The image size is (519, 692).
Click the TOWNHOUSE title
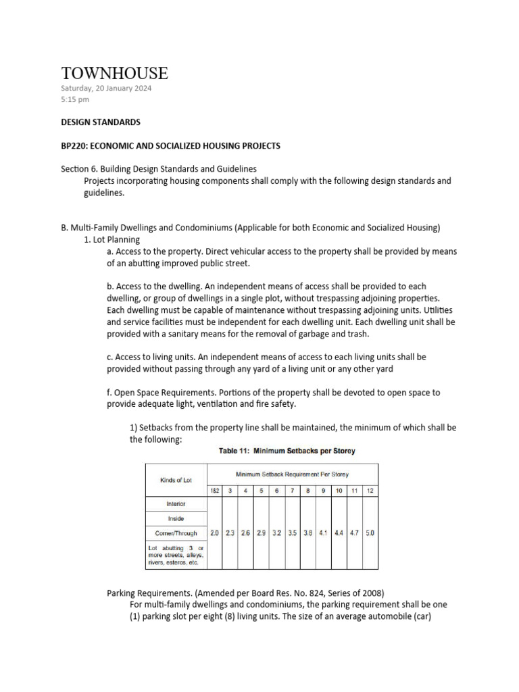click(x=114, y=73)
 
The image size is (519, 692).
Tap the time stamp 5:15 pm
click(x=75, y=99)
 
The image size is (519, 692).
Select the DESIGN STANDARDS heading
click(x=101, y=122)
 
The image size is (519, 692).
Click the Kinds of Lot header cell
click(x=176, y=479)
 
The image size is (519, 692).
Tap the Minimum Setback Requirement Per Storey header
click(x=292, y=474)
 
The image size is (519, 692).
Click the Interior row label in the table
click(x=176, y=503)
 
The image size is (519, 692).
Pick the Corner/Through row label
click(x=176, y=533)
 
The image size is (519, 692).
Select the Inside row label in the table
click(x=176, y=518)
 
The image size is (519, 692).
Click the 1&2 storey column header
click(x=214, y=489)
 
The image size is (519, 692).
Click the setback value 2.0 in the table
click(x=214, y=533)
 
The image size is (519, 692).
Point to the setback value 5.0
click(x=370, y=533)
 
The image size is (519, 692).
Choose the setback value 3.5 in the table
click(x=292, y=533)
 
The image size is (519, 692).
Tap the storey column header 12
click(x=370, y=489)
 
